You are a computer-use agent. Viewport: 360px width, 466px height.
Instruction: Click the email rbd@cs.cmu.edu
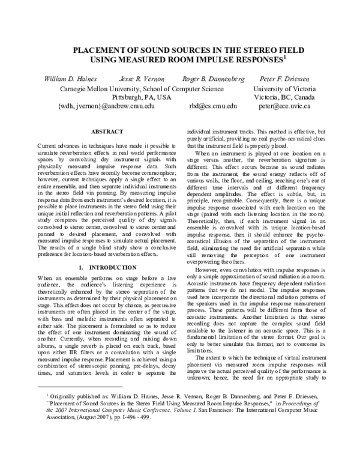213,106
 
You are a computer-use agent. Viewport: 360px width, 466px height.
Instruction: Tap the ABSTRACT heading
106,131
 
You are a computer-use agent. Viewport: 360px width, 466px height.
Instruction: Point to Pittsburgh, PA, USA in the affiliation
142,96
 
